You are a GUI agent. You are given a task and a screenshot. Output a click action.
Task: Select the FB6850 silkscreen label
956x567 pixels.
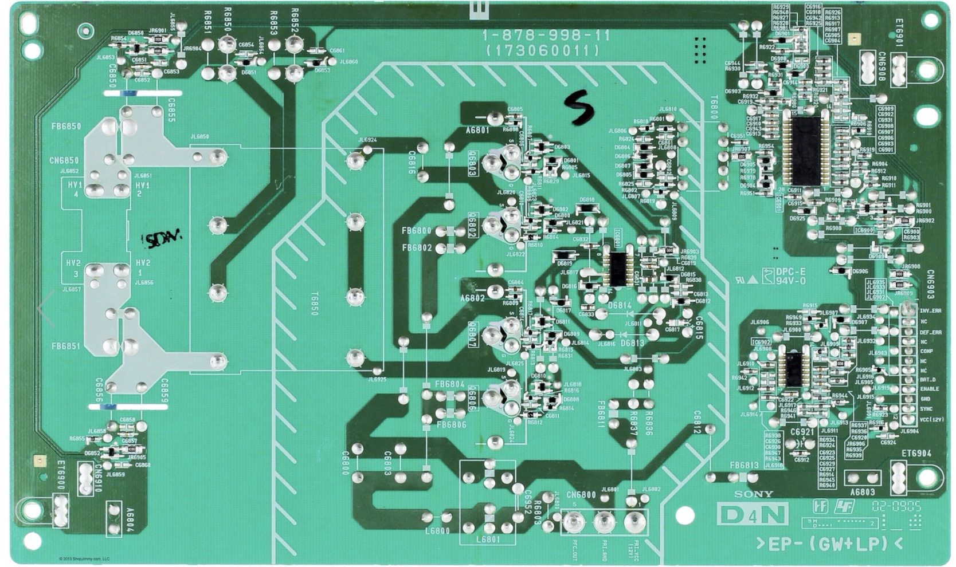[x=66, y=127]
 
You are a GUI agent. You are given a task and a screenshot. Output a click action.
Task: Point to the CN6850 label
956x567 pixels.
[x=64, y=160]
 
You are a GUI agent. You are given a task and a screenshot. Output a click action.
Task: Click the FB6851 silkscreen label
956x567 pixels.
[x=66, y=346]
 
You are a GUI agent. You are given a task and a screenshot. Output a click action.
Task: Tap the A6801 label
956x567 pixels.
[x=477, y=131]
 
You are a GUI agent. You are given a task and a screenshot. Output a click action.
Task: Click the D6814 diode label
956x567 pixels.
[x=620, y=306]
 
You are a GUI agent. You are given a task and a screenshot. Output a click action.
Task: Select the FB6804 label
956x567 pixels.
[x=450, y=384]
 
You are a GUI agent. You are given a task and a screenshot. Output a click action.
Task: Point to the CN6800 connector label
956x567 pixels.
[x=581, y=495]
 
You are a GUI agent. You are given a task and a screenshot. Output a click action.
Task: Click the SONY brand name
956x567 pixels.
[x=754, y=494]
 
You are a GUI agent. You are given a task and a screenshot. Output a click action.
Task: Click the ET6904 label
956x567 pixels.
[x=916, y=454]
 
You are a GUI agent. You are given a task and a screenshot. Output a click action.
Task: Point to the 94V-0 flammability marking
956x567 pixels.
[x=792, y=281]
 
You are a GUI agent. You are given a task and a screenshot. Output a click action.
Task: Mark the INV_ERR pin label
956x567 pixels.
[x=930, y=311]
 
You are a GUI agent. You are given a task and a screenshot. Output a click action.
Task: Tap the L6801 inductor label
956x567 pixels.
[x=488, y=540]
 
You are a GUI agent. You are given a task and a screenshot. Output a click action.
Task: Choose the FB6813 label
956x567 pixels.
[x=744, y=465]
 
